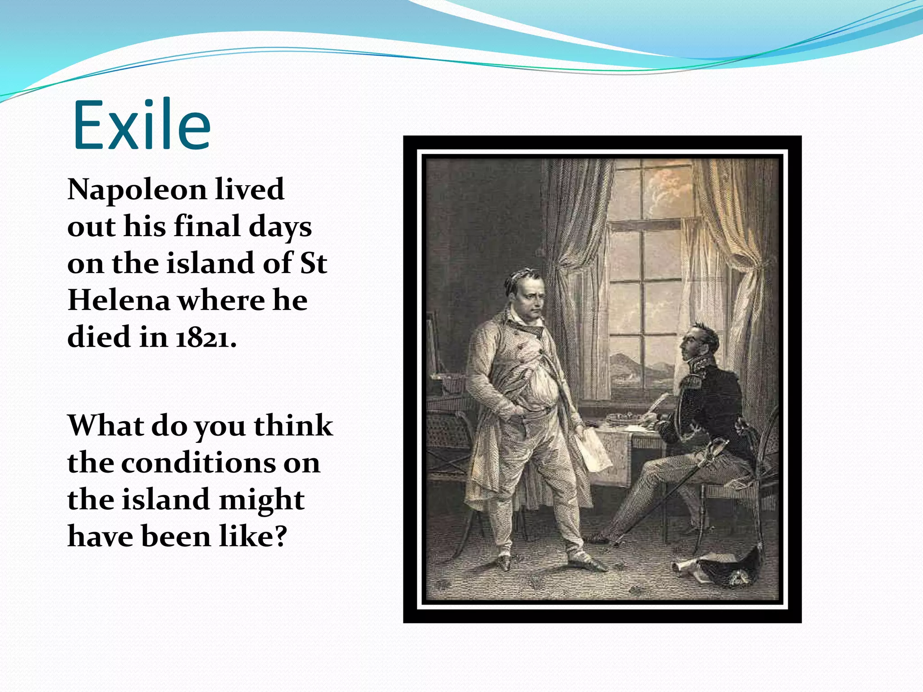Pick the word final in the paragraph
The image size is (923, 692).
(207, 227)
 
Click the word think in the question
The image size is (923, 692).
(293, 426)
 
